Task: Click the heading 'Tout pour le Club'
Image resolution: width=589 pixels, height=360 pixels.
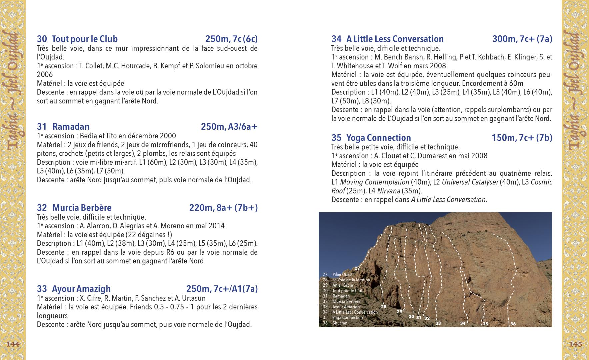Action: pyautogui.click(x=85, y=39)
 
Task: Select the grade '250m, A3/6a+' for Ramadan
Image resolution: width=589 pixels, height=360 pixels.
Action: pyautogui.click(x=229, y=127)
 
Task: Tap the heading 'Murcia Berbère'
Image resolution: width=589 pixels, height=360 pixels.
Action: pyautogui.click(x=82, y=208)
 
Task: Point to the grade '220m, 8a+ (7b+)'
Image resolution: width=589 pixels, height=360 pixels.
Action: pyautogui.click(x=223, y=208)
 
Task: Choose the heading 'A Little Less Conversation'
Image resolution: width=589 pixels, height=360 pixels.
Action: pyautogui.click(x=395, y=39)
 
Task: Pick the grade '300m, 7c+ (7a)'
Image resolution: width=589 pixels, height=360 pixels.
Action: pyautogui.click(x=522, y=39)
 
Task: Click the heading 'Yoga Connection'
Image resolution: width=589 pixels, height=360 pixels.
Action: pyautogui.click(x=379, y=138)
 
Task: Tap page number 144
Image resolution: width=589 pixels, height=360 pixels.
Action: pyautogui.click(x=13, y=344)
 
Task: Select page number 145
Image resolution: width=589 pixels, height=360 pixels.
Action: pyautogui.click(x=576, y=344)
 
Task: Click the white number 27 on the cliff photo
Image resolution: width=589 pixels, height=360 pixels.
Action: pyautogui.click(x=357, y=268)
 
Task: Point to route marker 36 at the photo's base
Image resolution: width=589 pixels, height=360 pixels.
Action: pyautogui.click(x=513, y=324)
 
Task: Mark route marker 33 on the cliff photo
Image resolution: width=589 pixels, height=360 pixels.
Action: pyautogui.click(x=438, y=323)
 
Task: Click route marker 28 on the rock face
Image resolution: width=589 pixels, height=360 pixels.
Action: pyautogui.click(x=384, y=307)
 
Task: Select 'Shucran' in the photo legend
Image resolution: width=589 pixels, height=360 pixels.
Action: pyautogui.click(x=340, y=323)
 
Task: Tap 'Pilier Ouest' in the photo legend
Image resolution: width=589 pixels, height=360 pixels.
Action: pyautogui.click(x=342, y=274)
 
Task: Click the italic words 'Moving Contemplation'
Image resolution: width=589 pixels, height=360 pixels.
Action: pyautogui.click(x=374, y=182)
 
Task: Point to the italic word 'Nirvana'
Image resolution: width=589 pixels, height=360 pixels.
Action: pyautogui.click(x=388, y=191)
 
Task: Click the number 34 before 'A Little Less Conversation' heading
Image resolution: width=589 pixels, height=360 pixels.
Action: pyautogui.click(x=336, y=39)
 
